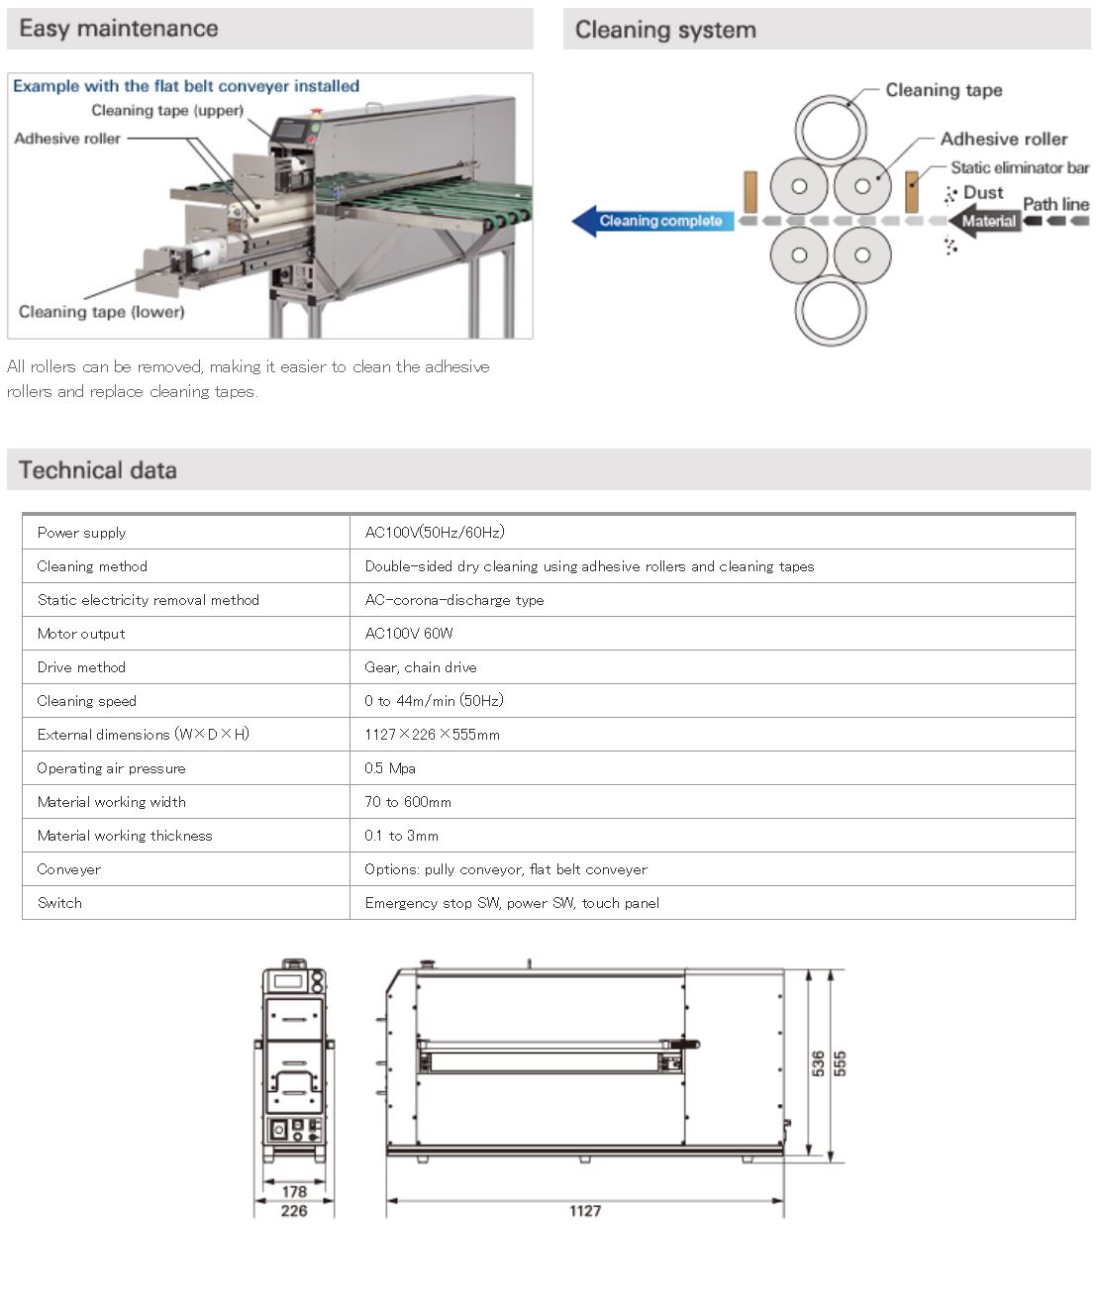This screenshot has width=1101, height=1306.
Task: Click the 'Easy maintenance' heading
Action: [119, 29]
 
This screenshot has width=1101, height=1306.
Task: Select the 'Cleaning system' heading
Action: [665, 30]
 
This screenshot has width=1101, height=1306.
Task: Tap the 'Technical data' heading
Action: [97, 469]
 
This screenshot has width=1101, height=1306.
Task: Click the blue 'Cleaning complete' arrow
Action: [653, 221]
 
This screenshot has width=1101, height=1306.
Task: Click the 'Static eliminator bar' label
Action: [1019, 167]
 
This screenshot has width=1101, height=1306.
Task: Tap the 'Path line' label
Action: [1055, 204]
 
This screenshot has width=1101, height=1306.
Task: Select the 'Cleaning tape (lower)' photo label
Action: [101, 312]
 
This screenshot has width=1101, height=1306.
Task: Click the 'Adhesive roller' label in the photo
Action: [67, 139]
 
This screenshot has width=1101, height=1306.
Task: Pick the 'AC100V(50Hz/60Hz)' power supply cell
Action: [435, 532]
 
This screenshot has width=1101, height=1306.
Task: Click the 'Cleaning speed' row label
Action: [87, 701]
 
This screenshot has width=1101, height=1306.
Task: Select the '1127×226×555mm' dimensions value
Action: [432, 735]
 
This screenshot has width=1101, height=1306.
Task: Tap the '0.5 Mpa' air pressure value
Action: [390, 768]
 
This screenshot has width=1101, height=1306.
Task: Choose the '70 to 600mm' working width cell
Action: [408, 802]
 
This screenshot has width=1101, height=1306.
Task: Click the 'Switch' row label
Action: [59, 903]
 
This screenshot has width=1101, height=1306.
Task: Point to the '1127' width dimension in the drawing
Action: [584, 1210]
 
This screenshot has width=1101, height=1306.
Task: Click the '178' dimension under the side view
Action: [294, 1192]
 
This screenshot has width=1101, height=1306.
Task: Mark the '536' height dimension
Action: [818, 1063]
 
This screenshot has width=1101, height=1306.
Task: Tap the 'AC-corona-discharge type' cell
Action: [453, 600]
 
